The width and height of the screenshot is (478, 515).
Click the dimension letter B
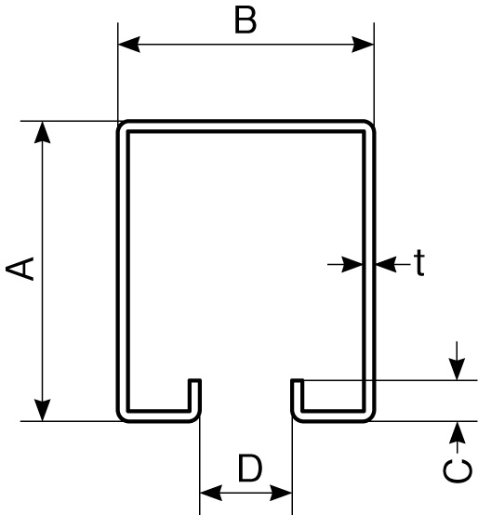pyautogui.click(x=246, y=20)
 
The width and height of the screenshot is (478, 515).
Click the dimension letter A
pyautogui.click(x=20, y=269)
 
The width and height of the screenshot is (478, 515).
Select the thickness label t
pyautogui.click(x=418, y=263)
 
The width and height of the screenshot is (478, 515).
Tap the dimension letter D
pyautogui.click(x=250, y=468)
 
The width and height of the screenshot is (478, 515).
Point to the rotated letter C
pyautogui.click(x=457, y=471)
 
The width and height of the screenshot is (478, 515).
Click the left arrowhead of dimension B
pyautogui.click(x=129, y=44)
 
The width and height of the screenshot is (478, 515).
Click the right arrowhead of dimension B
pyautogui.click(x=363, y=44)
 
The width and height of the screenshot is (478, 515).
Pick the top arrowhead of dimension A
pyautogui.click(x=43, y=132)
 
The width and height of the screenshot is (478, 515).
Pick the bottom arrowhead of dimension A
pyautogui.click(x=43, y=410)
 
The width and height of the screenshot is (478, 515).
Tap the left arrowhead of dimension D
pyautogui.click(x=211, y=493)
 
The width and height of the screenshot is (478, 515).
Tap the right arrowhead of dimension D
pyautogui.click(x=281, y=493)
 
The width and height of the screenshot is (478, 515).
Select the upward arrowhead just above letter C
pyautogui.click(x=457, y=432)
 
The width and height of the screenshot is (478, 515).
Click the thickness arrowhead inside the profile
pyautogui.click(x=352, y=264)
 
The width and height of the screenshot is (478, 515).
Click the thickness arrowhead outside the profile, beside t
pyautogui.click(x=386, y=264)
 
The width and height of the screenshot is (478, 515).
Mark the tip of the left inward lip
pyautogui.click(x=194, y=381)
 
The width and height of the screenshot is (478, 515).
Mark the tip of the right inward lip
pyautogui.click(x=298, y=381)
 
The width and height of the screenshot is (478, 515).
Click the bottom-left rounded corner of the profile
pyautogui.click(x=122, y=416)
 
